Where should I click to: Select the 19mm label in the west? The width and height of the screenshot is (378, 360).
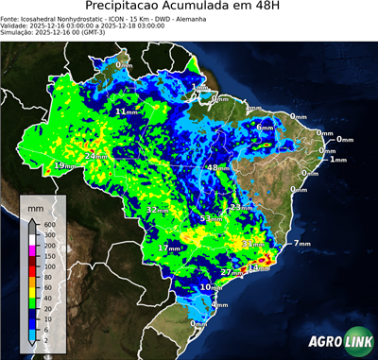click(x=63, y=166)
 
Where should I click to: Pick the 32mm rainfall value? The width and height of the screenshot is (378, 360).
click(x=156, y=209)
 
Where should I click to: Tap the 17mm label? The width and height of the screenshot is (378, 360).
click(x=169, y=248)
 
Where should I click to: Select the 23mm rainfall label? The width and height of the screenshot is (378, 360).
click(x=243, y=207)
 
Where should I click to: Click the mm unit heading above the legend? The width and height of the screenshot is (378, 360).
click(x=35, y=205)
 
